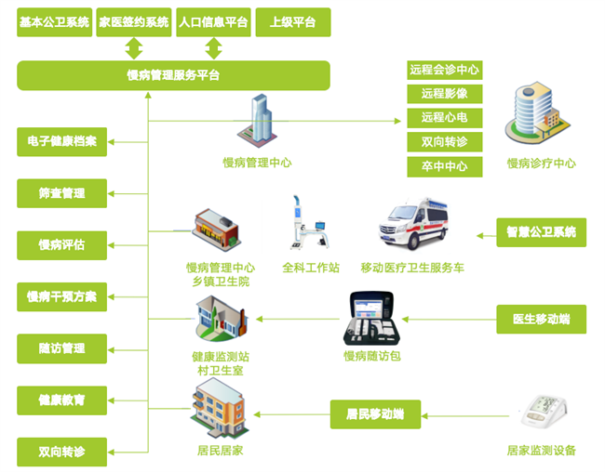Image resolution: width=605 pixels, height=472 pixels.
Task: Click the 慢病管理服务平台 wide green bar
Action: tap(173, 75)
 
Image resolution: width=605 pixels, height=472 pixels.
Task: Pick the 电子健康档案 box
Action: tap(61, 142)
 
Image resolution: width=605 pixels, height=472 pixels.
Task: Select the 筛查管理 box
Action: tap(61, 193)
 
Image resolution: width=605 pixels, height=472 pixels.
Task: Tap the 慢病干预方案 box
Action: tap(61, 297)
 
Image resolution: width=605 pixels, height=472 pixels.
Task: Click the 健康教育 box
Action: tap(61, 400)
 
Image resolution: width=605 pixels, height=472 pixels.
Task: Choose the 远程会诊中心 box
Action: tap(444, 70)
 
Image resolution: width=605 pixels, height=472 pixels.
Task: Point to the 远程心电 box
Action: tap(444, 118)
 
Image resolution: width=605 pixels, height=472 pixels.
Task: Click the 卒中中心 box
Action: tap(444, 167)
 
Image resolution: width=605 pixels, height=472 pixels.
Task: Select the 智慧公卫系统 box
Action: tap(541, 231)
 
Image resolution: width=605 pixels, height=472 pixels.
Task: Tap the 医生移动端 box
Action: tap(541, 319)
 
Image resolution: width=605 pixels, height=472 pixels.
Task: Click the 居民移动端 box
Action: tap(375, 413)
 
